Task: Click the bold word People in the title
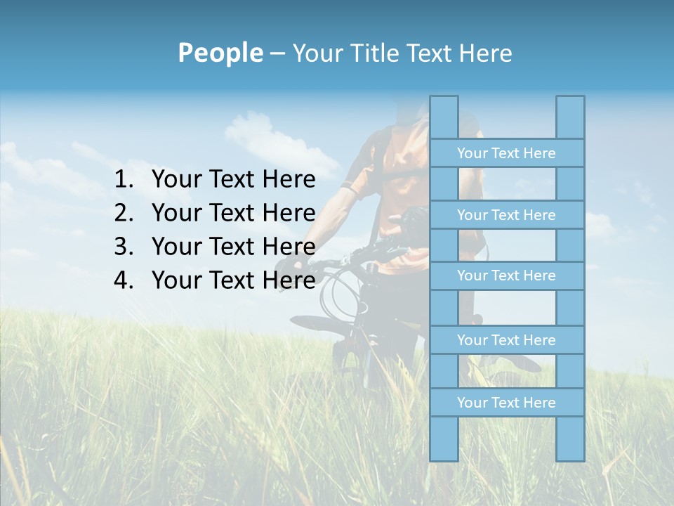click(220, 53)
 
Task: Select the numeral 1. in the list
click(124, 180)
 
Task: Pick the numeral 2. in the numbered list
click(124, 213)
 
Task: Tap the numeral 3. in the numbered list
click(124, 247)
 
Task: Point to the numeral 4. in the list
click(124, 280)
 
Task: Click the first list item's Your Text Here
click(233, 180)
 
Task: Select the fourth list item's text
click(233, 280)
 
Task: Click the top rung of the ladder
click(506, 153)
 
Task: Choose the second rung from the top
click(506, 215)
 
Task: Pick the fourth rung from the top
click(506, 340)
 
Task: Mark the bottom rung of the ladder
click(506, 403)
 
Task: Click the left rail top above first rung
click(444, 117)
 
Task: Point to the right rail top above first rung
click(570, 117)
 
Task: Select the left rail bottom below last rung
click(444, 439)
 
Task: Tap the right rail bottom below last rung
click(570, 439)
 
